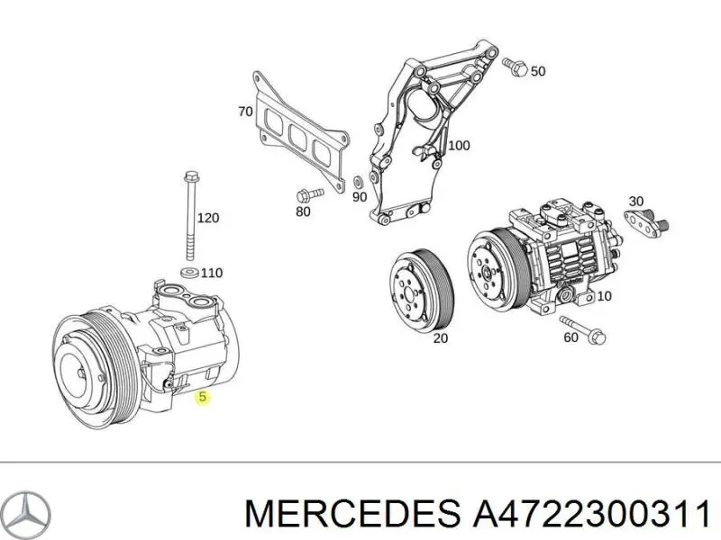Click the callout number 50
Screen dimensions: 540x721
click(538, 71)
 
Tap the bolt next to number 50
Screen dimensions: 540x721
click(515, 66)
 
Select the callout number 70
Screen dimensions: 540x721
click(244, 112)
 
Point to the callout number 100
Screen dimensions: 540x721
click(459, 145)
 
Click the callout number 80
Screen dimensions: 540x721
click(303, 212)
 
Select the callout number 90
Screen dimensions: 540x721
click(360, 197)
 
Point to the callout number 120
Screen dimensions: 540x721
click(208, 218)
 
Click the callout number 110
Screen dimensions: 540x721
click(211, 273)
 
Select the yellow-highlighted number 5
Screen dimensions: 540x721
click(203, 397)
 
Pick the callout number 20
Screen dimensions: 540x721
click(440, 338)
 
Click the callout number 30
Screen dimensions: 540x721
click(636, 201)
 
